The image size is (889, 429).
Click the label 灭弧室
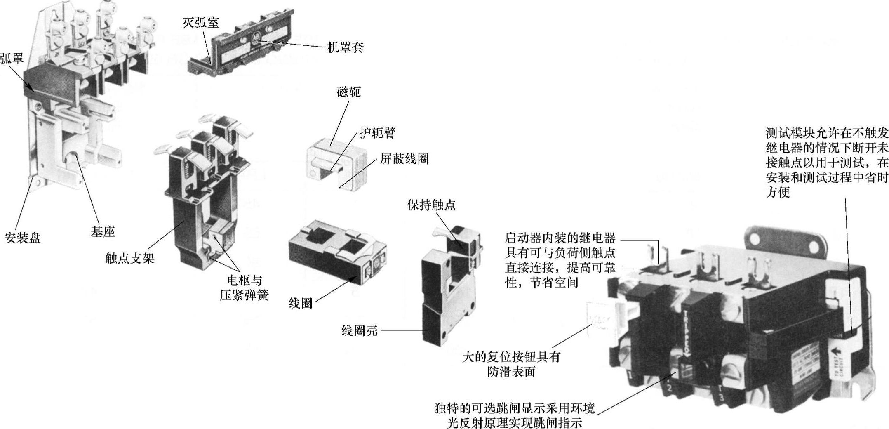[200, 23]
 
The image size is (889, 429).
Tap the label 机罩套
[345, 48]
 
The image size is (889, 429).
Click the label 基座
[103, 232]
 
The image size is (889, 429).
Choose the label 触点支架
[130, 259]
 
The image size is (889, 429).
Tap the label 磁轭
[348, 92]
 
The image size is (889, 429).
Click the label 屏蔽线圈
[404, 159]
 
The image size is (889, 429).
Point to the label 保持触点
[431, 205]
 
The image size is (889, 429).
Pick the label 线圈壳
[359, 330]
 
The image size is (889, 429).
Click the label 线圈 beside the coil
[300, 304]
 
